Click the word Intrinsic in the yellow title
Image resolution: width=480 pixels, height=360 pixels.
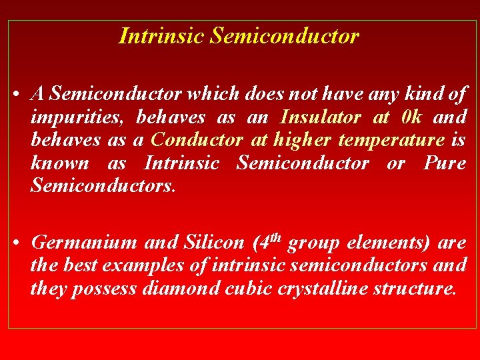point(161,36)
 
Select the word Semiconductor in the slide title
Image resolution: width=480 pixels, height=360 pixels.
point(285,36)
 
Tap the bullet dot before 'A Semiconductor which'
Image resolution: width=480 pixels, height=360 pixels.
point(15,96)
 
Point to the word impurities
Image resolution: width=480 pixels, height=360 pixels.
point(74,119)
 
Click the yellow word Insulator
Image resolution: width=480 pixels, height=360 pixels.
point(321,118)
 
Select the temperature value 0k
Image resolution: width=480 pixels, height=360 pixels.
point(412,118)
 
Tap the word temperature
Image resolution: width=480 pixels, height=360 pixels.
point(391,141)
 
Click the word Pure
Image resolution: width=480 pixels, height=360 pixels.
point(445,163)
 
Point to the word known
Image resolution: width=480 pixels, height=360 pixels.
point(59,163)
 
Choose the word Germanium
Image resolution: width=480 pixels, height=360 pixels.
point(84,243)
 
